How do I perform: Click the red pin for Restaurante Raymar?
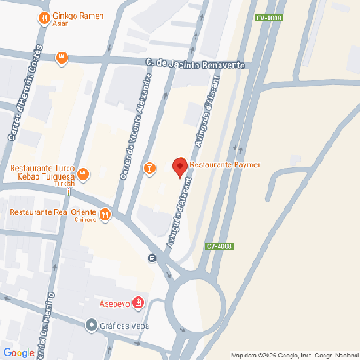click(179, 166)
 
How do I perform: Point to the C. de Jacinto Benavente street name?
click(195, 63)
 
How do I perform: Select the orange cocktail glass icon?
click(150, 166)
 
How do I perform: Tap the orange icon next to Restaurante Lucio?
click(82, 172)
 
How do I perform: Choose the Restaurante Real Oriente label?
click(52, 212)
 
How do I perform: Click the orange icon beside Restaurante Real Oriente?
click(105, 213)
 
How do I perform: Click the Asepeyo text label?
click(113, 303)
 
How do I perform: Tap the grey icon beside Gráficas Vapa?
click(91, 324)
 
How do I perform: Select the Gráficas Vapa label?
click(124, 325)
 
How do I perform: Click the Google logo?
click(19, 352)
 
